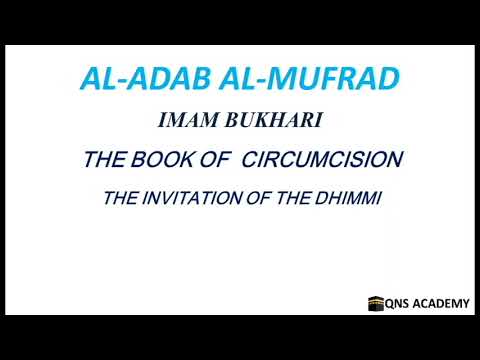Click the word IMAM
[183, 121]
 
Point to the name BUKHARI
[259, 121]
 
